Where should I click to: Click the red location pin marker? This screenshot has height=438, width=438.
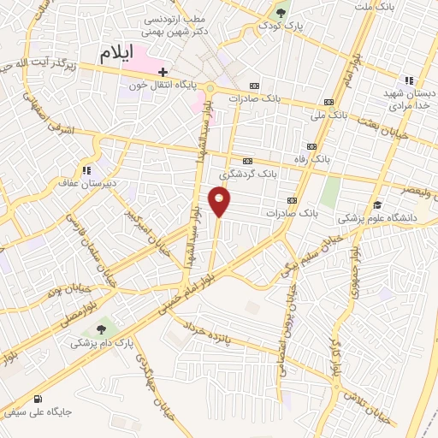click(220, 203)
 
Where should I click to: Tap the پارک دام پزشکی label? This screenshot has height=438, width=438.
click(105, 343)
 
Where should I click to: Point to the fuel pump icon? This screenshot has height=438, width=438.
click(37, 400)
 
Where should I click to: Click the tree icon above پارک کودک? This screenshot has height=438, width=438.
click(281, 12)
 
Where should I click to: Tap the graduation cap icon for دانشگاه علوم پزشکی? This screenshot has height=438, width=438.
click(377, 205)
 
